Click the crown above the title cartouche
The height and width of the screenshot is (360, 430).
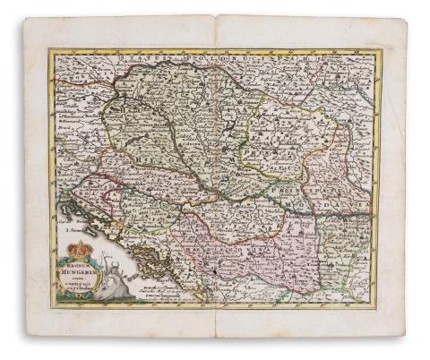[81, 249]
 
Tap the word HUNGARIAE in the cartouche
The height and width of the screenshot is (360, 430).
[80, 270]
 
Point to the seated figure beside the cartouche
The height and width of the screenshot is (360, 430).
[107, 285]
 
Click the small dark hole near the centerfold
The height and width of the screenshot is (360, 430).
[216, 269]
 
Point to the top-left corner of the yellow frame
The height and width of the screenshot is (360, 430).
[52, 52]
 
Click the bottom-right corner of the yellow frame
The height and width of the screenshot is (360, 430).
[377, 306]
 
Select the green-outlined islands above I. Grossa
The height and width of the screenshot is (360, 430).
[72, 210]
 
